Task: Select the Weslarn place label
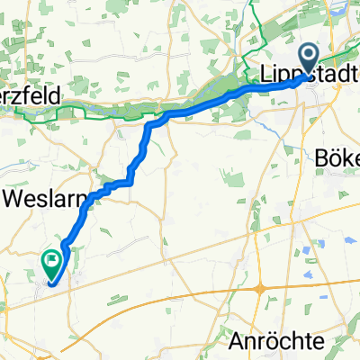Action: pyautogui.click(x=40, y=196)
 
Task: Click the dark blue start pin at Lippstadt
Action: pyautogui.click(x=309, y=60)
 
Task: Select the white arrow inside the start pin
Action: pyautogui.click(x=309, y=58)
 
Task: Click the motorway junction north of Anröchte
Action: pyautogui.click(x=258, y=289)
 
